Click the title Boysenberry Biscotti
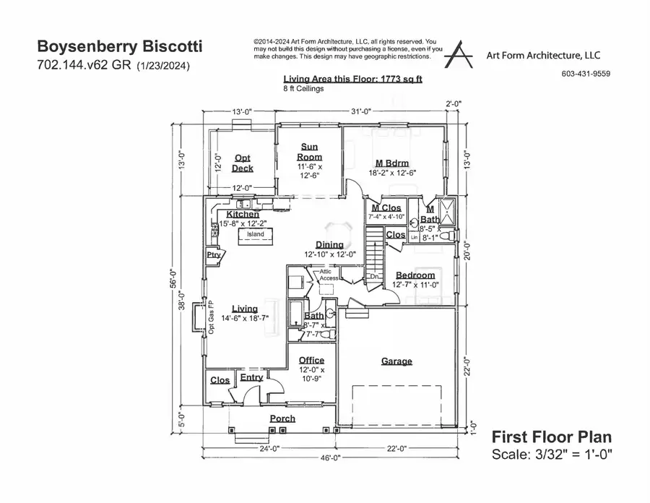tap(119, 47)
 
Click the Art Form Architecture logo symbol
tap(458, 54)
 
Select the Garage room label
tap(396, 361)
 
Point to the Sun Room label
tap(311, 152)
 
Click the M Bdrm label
tap(391, 163)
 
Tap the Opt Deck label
tap(243, 163)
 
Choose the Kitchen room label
tap(243, 215)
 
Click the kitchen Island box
tap(255, 235)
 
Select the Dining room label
tap(329, 245)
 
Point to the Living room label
tap(244, 309)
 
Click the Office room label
tap(311, 360)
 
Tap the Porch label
tap(282, 418)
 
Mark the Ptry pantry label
tap(213, 255)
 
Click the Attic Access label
tap(329, 275)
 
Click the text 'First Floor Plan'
tap(551, 437)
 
